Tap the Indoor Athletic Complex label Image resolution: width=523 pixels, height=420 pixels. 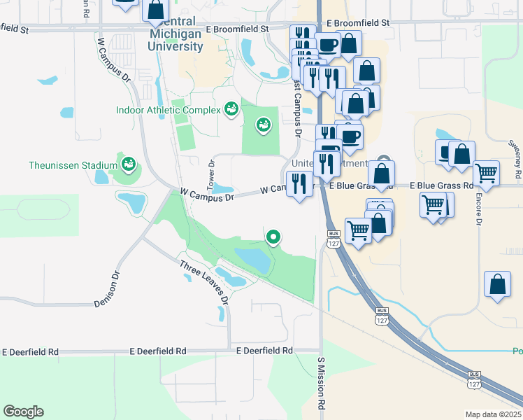167,110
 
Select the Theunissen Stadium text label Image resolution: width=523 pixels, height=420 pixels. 73,165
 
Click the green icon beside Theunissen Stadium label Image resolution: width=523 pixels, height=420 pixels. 128,164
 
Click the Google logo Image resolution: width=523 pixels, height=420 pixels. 23,412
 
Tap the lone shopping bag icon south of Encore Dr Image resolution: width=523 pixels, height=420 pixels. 497,285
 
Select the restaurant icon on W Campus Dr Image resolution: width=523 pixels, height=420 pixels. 301,184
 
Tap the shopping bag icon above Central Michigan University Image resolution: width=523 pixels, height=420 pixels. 155,10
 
